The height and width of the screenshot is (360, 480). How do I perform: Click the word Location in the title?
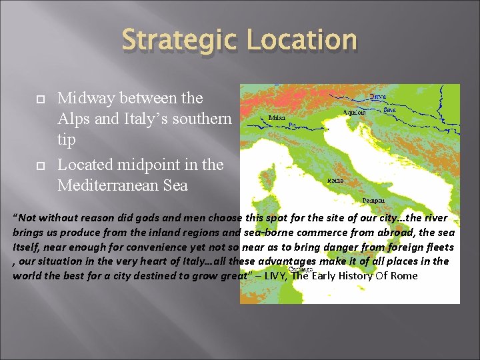302,40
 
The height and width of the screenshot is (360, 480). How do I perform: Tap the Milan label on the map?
277,117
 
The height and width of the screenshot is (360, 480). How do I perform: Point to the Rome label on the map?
336,181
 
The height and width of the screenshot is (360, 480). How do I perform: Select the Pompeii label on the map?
373,199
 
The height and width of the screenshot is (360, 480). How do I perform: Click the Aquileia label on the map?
354,112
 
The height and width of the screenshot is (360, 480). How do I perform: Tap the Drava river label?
377,97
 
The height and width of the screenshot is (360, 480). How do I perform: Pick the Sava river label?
390,109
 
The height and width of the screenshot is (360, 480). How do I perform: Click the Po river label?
291,125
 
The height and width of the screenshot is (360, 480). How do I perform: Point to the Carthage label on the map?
301,269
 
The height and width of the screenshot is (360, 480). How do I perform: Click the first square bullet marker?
40,98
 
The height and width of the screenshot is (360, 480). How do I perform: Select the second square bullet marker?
40,165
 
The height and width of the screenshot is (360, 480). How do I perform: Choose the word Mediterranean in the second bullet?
111,185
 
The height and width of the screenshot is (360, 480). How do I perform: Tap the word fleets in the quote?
439,247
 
